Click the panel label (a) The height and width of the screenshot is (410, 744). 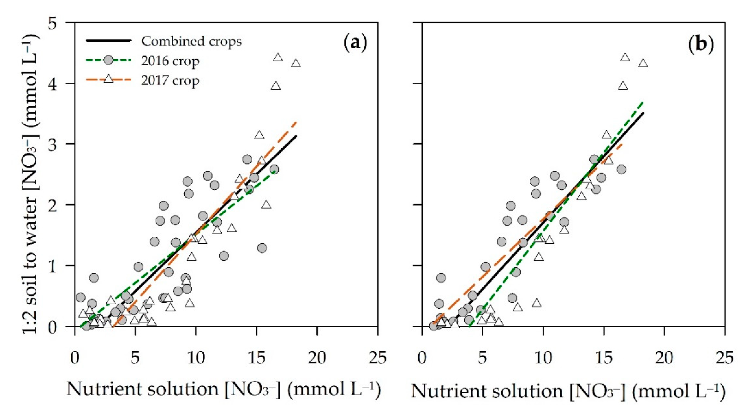point(356,43)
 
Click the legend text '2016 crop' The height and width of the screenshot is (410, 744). point(170,61)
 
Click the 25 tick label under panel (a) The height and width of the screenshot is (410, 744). point(378,358)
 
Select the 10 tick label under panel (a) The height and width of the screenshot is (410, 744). point(196,358)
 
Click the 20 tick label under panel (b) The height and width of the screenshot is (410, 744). point(664,358)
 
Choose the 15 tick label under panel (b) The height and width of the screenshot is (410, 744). point(604,358)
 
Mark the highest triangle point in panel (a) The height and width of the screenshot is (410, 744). point(278,57)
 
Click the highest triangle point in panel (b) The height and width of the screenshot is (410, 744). point(625,57)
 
